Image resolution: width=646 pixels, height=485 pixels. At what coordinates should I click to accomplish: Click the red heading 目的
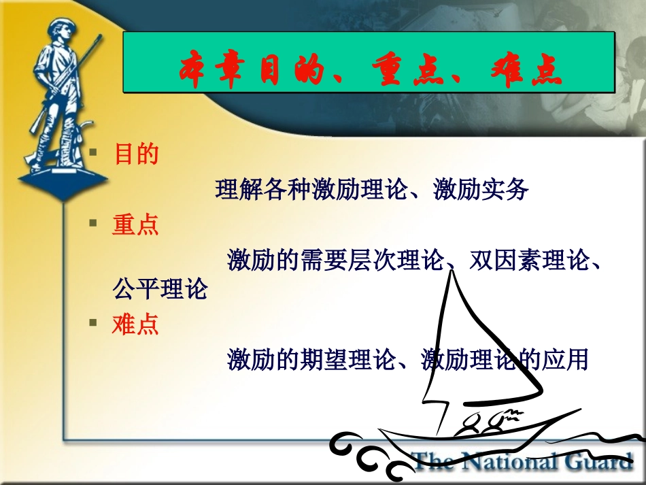coord(136,154)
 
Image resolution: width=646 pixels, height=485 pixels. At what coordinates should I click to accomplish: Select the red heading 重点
coord(136,224)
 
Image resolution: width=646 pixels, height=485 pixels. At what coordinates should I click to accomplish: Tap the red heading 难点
coord(136,324)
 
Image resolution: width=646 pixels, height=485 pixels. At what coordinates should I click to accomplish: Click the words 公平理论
coord(160,290)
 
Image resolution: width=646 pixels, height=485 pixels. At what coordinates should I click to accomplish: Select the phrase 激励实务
coord(481,190)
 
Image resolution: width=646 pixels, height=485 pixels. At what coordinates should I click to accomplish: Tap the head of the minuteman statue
coord(58,31)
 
